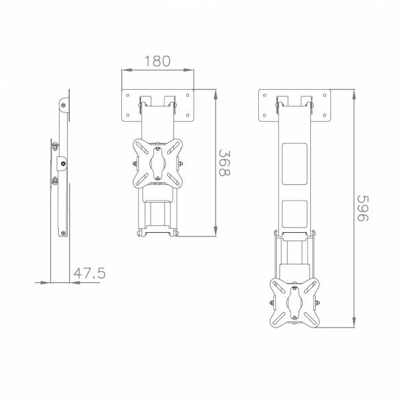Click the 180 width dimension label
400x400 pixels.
[157, 60]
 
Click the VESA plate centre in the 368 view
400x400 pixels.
[157, 164]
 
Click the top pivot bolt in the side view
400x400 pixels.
[63, 105]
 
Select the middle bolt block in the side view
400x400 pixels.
[62, 163]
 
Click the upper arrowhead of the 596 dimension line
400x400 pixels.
[354, 91]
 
